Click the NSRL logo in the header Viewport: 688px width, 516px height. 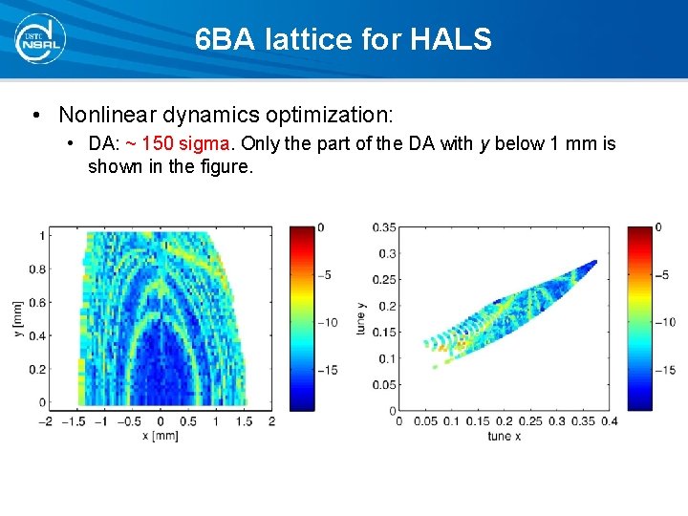38,39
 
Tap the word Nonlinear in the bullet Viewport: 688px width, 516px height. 107,116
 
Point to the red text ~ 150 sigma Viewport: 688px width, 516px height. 178,143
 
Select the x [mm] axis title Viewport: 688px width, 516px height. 160,436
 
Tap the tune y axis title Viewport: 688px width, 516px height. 360,317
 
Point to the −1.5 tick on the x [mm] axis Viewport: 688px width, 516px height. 75,421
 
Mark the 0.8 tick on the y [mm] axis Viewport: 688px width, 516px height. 35,269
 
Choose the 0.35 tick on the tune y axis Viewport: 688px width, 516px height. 383,227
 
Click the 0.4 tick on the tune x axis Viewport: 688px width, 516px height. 609,421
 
